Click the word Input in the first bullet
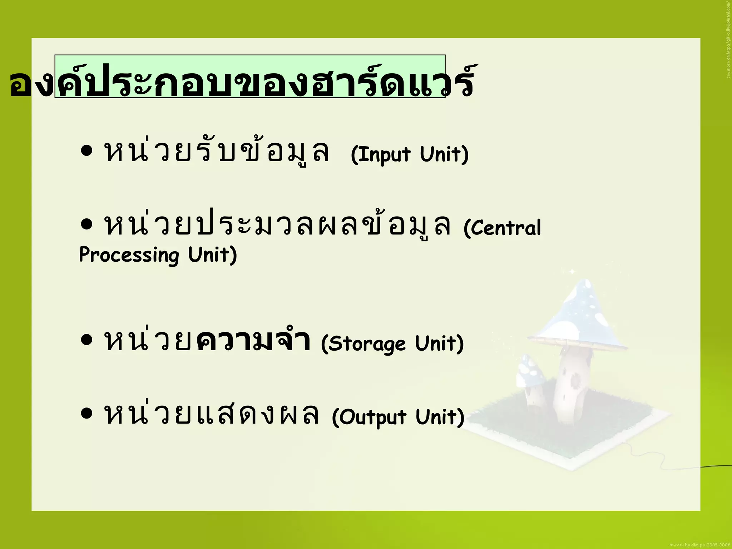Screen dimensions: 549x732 pos(381,154)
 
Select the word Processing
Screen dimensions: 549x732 pos(129,255)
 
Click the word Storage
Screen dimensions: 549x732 pos(366,343)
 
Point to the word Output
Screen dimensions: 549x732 pos(372,417)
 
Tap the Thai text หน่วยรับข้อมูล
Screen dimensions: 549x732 pos(217,152)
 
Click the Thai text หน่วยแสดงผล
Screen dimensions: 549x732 pos(211,415)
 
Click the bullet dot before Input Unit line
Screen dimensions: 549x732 pos(86,151)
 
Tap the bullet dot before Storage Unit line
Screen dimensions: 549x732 pos(86,340)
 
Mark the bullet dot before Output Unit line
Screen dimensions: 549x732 pos(86,414)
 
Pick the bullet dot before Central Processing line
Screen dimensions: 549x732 pos(86,225)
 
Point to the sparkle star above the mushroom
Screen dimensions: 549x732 pos(572,272)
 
